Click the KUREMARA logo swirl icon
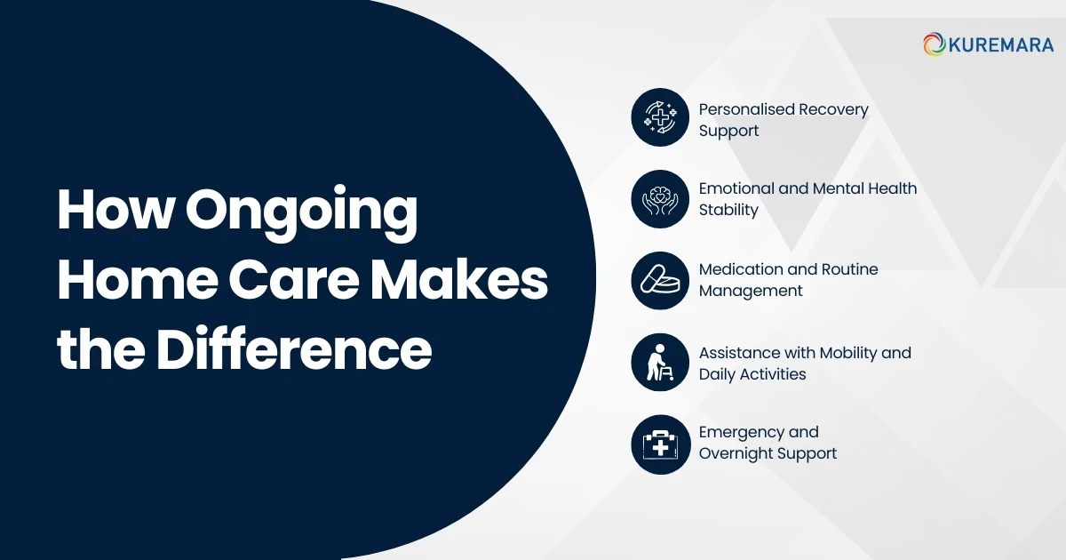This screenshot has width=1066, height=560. (x=934, y=44)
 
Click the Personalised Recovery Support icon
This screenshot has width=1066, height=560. (x=660, y=116)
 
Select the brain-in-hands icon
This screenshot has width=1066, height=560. (x=660, y=199)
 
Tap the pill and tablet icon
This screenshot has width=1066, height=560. (x=660, y=281)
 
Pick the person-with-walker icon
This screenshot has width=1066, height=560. (x=660, y=363)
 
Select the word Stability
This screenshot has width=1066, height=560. (x=728, y=210)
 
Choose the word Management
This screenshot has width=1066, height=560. (x=751, y=291)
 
